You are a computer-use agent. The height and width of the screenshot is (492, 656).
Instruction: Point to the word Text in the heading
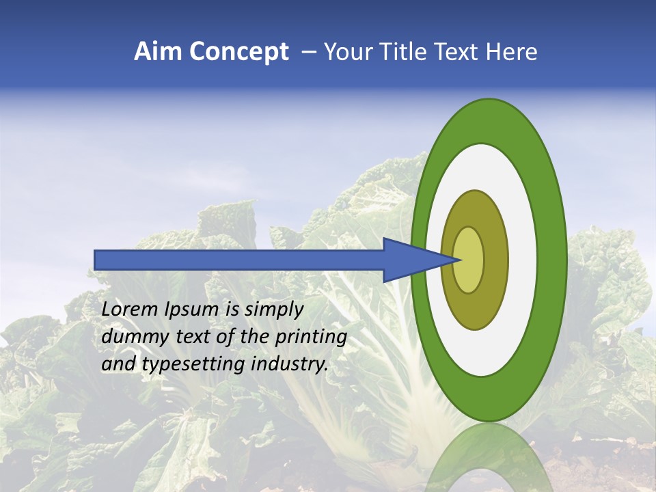click(459, 52)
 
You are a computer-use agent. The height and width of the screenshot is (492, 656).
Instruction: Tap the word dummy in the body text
click(132, 337)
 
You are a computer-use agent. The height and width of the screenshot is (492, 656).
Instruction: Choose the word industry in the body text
click(287, 364)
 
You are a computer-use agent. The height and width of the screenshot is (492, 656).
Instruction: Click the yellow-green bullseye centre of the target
click(469, 260)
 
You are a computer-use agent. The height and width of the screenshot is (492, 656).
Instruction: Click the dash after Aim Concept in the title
click(308, 52)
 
